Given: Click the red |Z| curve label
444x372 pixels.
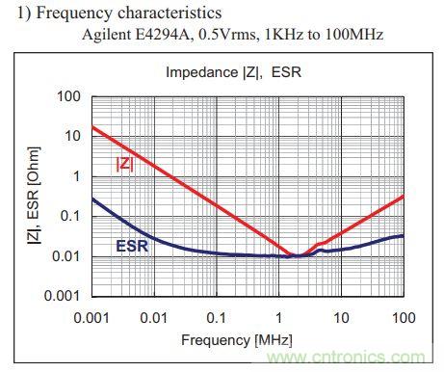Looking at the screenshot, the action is pos(124,164).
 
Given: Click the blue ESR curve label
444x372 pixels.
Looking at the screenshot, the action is pos(132,246).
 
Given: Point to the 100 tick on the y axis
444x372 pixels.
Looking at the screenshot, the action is pos(68,96).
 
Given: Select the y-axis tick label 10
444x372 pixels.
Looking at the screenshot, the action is pos(72,136).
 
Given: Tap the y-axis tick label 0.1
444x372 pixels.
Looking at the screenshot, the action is pos(70,216).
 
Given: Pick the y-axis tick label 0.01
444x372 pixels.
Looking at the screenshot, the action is pos(65,256).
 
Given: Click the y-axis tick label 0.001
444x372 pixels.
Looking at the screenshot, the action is pos(62,296).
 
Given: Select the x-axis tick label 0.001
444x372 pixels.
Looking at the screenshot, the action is pos(91,318).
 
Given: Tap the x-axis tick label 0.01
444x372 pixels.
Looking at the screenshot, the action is pos(154,318).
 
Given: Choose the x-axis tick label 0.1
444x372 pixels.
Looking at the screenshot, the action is pos(216,318).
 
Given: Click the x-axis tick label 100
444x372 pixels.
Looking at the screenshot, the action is pos(404,318).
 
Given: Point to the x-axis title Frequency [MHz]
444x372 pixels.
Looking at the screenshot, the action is pos(237,340).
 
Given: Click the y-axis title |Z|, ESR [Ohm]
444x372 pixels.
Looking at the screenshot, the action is pos(34,196).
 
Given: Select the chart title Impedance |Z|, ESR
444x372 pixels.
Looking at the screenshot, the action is pos(233,72).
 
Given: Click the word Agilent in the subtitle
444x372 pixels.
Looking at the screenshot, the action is pos(106,35).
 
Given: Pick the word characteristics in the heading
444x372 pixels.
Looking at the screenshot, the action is pos(170,13).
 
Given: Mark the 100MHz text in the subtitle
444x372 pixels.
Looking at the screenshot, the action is pos(354,34).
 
